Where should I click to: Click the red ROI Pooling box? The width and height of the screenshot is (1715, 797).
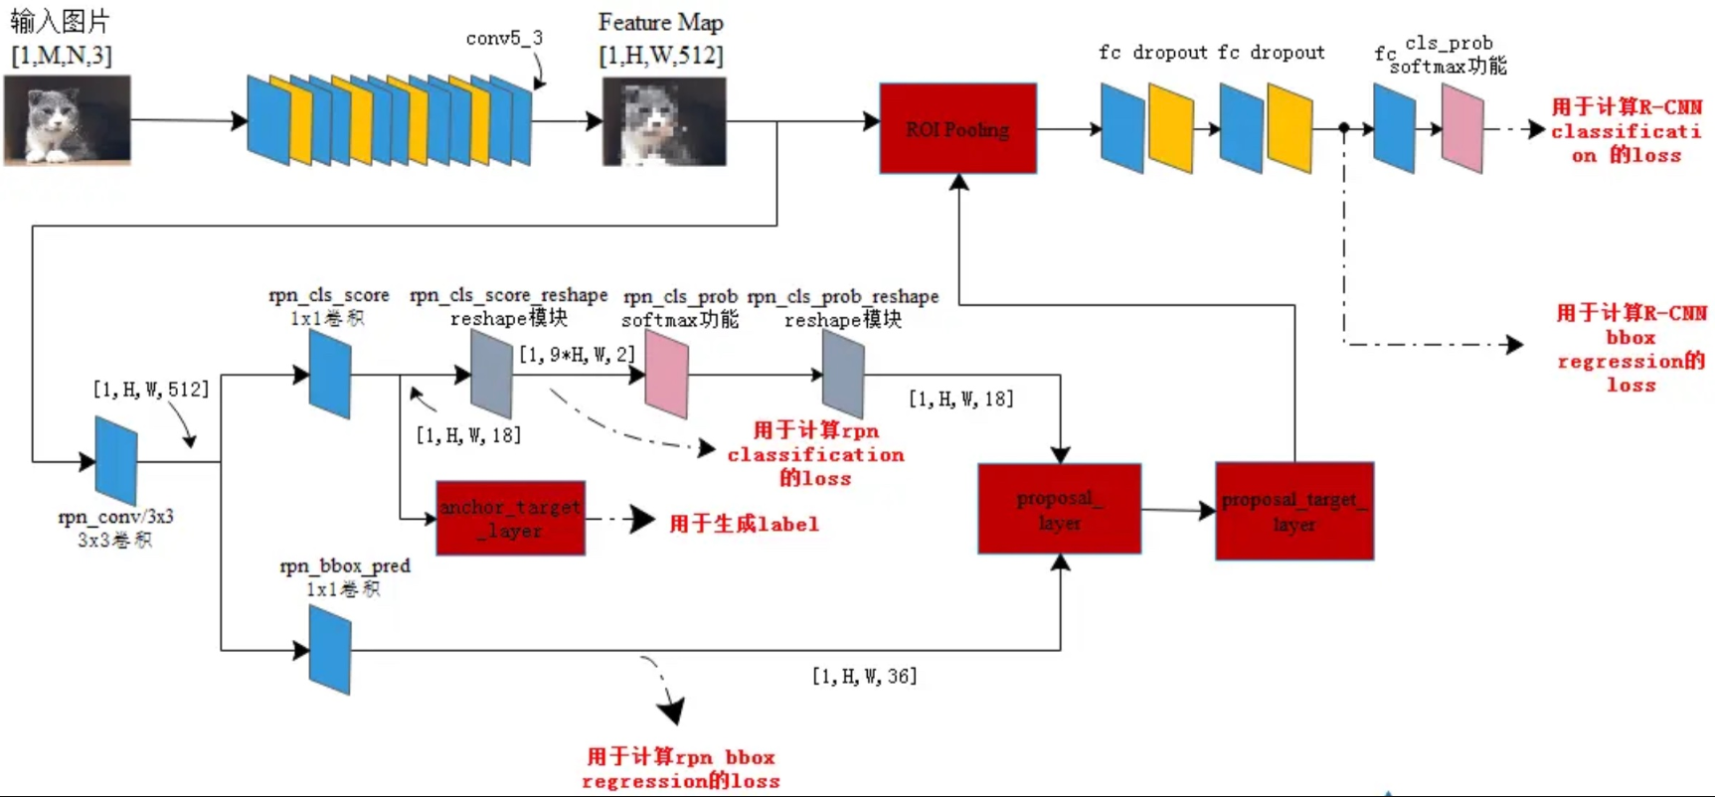point(957,129)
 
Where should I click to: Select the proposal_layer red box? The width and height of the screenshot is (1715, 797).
point(1059,509)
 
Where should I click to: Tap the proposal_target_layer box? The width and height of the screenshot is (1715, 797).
point(1293,511)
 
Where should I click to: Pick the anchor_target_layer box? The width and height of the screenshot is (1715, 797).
point(510,518)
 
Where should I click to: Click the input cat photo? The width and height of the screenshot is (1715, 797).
point(67,119)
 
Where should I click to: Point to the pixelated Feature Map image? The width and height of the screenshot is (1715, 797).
point(664,122)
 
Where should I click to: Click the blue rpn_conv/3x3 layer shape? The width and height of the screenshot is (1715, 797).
point(116,460)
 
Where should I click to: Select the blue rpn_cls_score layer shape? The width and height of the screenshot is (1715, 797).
point(330,375)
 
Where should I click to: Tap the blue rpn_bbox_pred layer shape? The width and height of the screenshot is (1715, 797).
point(330,650)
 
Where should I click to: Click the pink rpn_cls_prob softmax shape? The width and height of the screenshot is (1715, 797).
point(666,375)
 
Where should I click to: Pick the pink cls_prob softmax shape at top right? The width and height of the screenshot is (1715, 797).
point(1462,128)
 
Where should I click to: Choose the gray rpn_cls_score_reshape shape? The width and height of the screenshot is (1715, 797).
point(491,375)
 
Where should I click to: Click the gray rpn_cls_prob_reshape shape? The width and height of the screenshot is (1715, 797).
point(843,375)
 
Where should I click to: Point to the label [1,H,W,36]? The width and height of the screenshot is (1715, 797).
point(864,676)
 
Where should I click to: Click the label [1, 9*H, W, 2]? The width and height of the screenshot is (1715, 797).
point(576,354)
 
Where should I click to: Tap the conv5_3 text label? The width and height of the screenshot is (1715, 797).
point(504,38)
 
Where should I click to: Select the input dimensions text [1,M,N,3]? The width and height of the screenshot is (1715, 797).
point(62,56)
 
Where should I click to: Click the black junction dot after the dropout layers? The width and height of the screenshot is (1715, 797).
point(1344,128)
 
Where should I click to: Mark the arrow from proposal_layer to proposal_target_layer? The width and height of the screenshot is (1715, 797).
point(1178,510)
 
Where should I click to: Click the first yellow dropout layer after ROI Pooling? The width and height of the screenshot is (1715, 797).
point(1170,128)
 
